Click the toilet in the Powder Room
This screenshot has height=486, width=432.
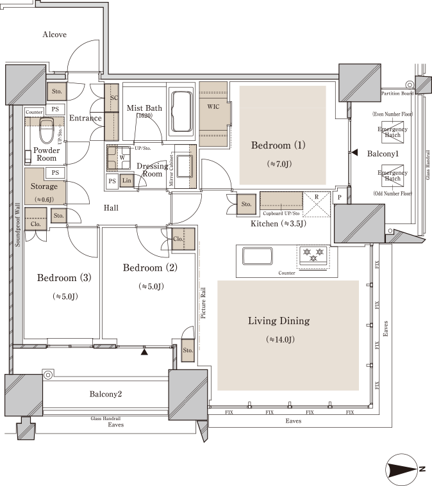pyautogui.click(x=47, y=130)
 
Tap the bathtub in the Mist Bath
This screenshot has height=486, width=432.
pyautogui.click(x=182, y=111)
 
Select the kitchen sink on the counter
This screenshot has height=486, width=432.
pyautogui.click(x=258, y=256)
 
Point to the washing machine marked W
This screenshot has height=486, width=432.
pyautogui.click(x=119, y=158)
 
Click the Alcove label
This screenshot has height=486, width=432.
pyautogui.click(x=54, y=35)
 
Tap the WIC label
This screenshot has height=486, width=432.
pyautogui.click(x=213, y=107)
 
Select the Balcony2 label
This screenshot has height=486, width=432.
pyautogui.click(x=106, y=394)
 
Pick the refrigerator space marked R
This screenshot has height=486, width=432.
pyautogui.click(x=317, y=204)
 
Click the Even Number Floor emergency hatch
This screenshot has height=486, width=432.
pyautogui.click(x=393, y=133)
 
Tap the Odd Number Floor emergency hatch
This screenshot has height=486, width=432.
pyautogui.click(x=393, y=175)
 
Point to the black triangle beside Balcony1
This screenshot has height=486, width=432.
pyautogui.click(x=354, y=152)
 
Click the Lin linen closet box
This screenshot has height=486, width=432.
pyautogui.click(x=127, y=181)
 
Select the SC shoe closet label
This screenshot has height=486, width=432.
pyautogui.click(x=114, y=97)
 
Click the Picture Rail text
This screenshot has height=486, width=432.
pyautogui.click(x=203, y=303)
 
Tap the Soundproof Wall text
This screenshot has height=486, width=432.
pyautogui.click(x=18, y=225)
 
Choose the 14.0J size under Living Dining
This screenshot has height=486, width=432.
pyautogui.click(x=280, y=339)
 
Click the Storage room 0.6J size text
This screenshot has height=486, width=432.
pyautogui.click(x=44, y=199)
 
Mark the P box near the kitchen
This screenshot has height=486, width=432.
pyautogui.click(x=340, y=197)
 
